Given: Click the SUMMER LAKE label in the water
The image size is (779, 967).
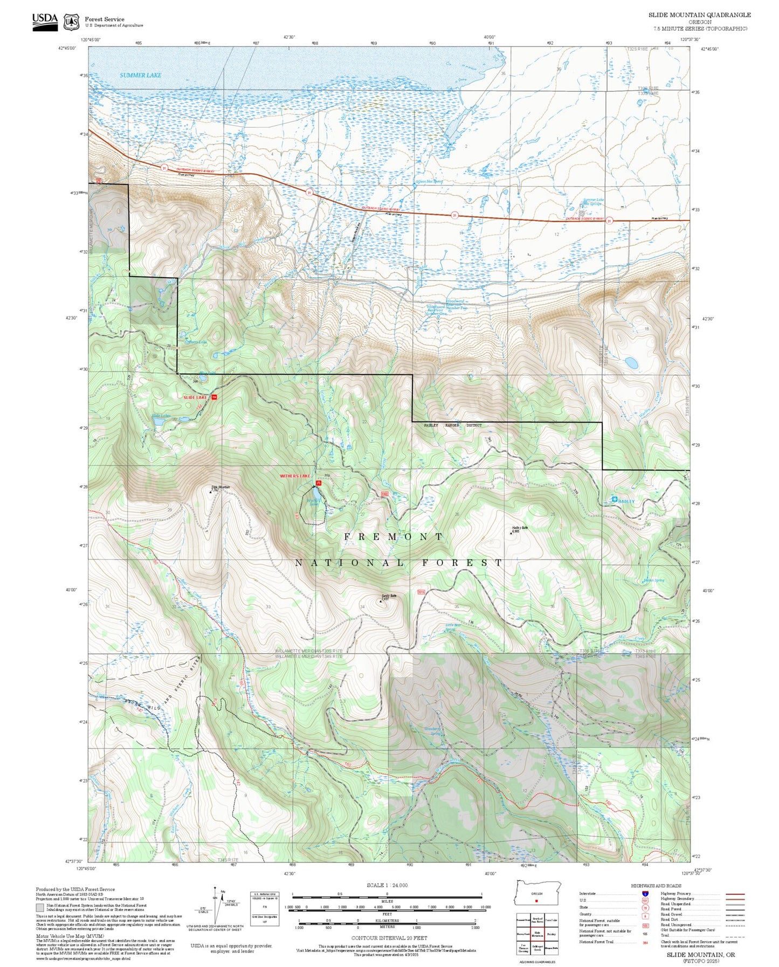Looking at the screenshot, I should pyautogui.click(x=140, y=75).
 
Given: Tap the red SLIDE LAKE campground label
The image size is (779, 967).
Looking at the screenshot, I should pyautogui.click(x=195, y=397).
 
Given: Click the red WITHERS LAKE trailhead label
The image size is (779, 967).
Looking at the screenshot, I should pyautogui.click(x=295, y=476).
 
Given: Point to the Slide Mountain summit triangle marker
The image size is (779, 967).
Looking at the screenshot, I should pyautogui.click(x=211, y=492).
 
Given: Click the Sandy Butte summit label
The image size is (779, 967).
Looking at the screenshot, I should pyautogui.click(x=389, y=596).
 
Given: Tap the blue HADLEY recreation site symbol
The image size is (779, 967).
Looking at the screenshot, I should pyautogui.click(x=614, y=500).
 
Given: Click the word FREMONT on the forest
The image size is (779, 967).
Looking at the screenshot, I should pyautogui.click(x=394, y=536).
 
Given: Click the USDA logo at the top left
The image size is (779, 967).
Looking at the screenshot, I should pyautogui.click(x=45, y=20).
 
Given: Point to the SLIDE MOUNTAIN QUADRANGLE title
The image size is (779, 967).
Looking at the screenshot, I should pyautogui.click(x=699, y=15).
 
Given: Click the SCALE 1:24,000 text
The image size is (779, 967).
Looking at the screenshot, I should pyautogui.click(x=387, y=885).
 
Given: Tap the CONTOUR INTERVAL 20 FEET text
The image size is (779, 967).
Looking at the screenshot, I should pyautogui.click(x=387, y=938).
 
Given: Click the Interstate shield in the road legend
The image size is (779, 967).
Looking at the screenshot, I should pyautogui.click(x=645, y=894).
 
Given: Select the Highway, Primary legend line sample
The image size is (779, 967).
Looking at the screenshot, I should pyautogui.click(x=735, y=894).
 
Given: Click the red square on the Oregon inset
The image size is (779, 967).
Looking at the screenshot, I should pyautogui.click(x=536, y=901).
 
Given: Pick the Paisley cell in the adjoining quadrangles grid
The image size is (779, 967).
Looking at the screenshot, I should pyautogui.click(x=550, y=935).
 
